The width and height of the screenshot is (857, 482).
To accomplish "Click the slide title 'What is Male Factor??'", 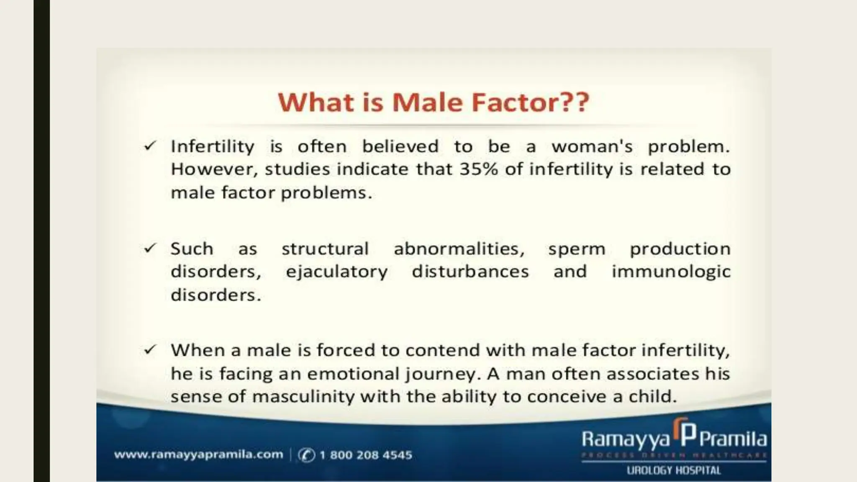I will (434, 103).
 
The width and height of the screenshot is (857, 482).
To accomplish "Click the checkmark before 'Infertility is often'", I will (150, 146).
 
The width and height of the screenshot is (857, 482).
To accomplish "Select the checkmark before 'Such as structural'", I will (150, 248).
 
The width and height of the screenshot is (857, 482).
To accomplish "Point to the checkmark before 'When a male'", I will (150, 349).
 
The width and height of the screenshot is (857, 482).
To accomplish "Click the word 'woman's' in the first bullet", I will (592, 146).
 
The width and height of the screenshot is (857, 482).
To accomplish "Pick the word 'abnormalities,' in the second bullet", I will (459, 249).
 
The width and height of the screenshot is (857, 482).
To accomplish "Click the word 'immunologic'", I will (671, 272).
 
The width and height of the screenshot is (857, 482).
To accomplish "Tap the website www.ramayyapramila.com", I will (198, 454).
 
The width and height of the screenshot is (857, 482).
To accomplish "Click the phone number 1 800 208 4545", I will (366, 455).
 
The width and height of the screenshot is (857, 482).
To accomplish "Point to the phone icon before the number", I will (306, 455).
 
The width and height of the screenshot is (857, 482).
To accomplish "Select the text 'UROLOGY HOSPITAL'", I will (673, 471).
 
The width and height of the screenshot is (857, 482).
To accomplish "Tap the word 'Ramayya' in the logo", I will (625, 440).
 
